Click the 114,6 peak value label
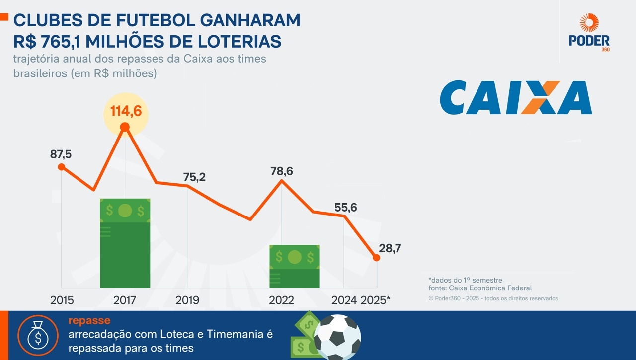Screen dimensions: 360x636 [126, 111]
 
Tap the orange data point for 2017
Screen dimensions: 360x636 [125, 128]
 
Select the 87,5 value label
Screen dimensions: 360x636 [61, 154]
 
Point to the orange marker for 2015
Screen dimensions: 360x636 [61, 167]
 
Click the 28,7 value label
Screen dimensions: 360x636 [390, 249]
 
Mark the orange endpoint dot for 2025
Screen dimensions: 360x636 [377, 257]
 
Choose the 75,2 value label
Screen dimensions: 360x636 [194, 177]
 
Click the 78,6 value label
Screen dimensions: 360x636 [282, 171]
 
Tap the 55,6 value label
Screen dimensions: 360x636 [345, 208]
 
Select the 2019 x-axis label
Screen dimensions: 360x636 [187, 300]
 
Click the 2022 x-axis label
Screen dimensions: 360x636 [281, 300]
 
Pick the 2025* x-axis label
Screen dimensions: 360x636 [375, 300]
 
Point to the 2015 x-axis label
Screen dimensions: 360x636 [62, 300]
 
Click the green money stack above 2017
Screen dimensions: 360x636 [125, 243]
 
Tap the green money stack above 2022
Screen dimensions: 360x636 [295, 266]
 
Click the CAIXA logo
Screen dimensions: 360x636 [516, 98]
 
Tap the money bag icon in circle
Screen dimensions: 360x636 [38, 335]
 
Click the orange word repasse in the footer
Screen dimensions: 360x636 [89, 321]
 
